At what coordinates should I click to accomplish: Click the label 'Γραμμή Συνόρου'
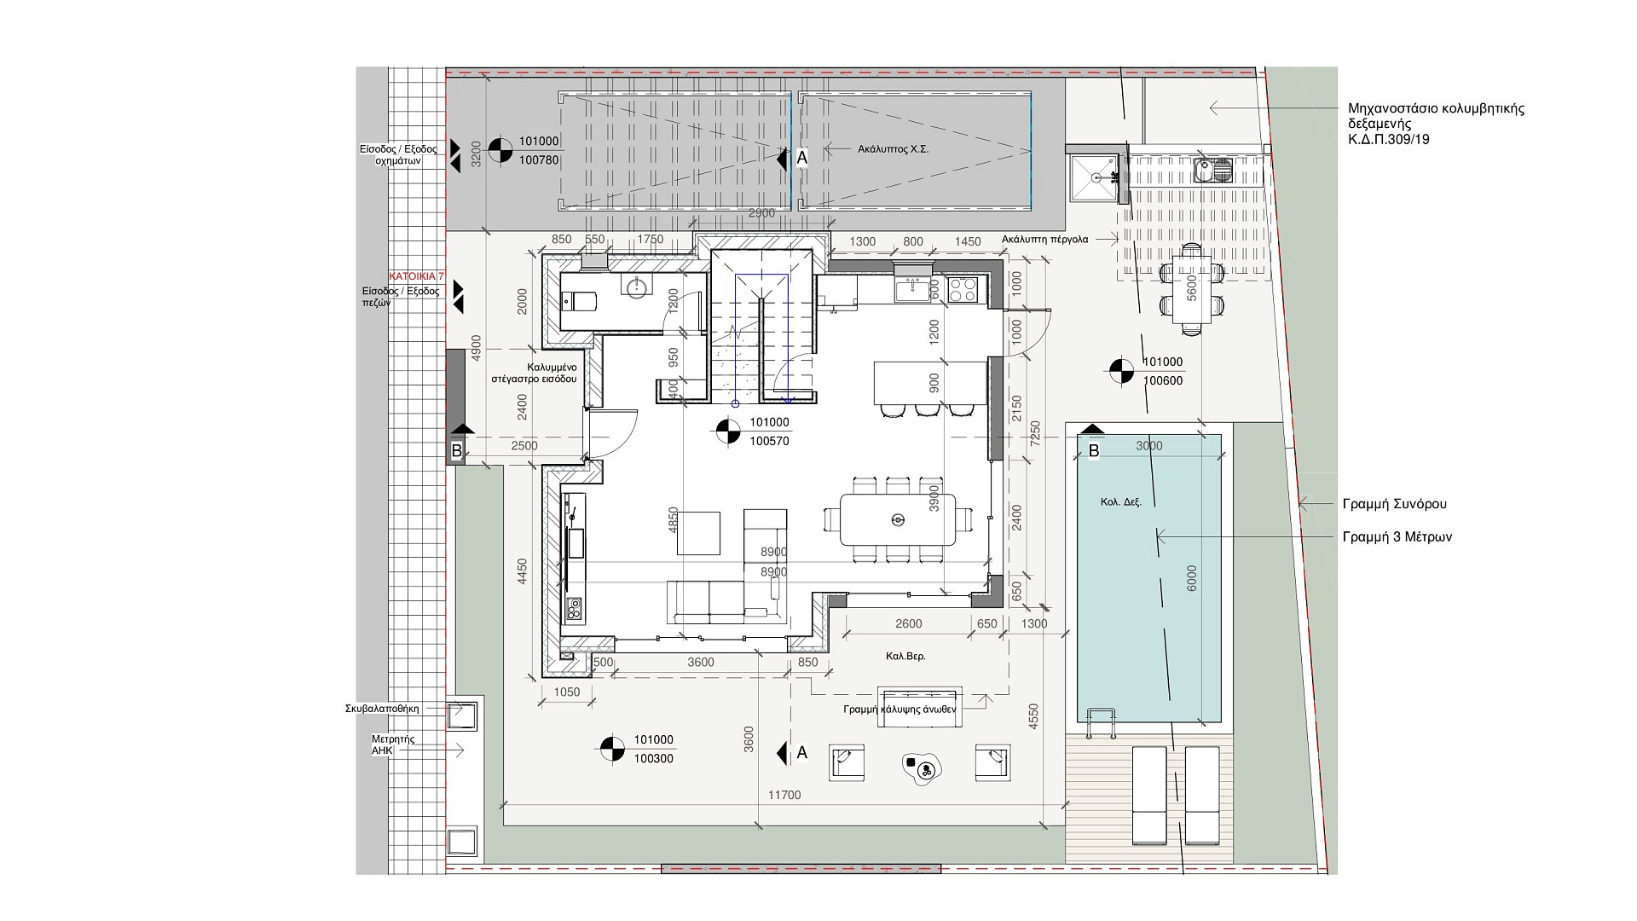1394,504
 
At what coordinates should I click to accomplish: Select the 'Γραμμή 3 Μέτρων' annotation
1397,537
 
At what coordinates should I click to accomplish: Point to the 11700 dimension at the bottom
784,795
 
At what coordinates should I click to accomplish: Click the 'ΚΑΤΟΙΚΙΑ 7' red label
416,277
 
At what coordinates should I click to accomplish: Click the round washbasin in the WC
635,287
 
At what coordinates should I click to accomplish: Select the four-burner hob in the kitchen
962,291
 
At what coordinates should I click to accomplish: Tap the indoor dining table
897,519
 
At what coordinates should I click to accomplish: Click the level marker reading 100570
769,441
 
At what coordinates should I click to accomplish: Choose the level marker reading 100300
653,758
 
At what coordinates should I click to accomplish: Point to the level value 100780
539,159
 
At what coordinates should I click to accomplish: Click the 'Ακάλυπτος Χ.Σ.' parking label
893,149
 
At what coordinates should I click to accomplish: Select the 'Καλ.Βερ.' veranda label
905,657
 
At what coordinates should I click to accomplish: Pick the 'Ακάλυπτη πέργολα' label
1045,240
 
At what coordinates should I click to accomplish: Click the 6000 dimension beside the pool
1192,578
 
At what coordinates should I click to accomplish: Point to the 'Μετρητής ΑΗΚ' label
393,744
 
